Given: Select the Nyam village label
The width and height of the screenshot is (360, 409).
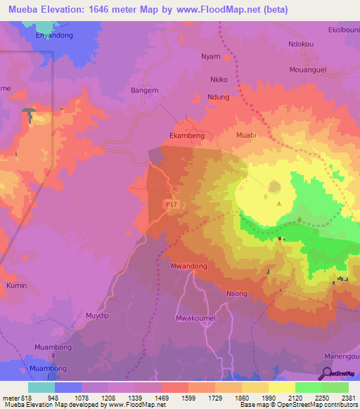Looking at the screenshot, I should point(210,56).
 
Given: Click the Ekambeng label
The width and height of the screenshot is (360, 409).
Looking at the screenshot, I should point(188,118).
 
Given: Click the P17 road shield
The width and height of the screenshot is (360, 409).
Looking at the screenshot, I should point(170,204).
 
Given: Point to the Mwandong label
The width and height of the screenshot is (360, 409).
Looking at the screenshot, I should point(188,267).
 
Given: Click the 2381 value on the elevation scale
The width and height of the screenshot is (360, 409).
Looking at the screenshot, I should point(348,398).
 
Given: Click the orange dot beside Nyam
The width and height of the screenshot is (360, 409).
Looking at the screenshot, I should point(227,57).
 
